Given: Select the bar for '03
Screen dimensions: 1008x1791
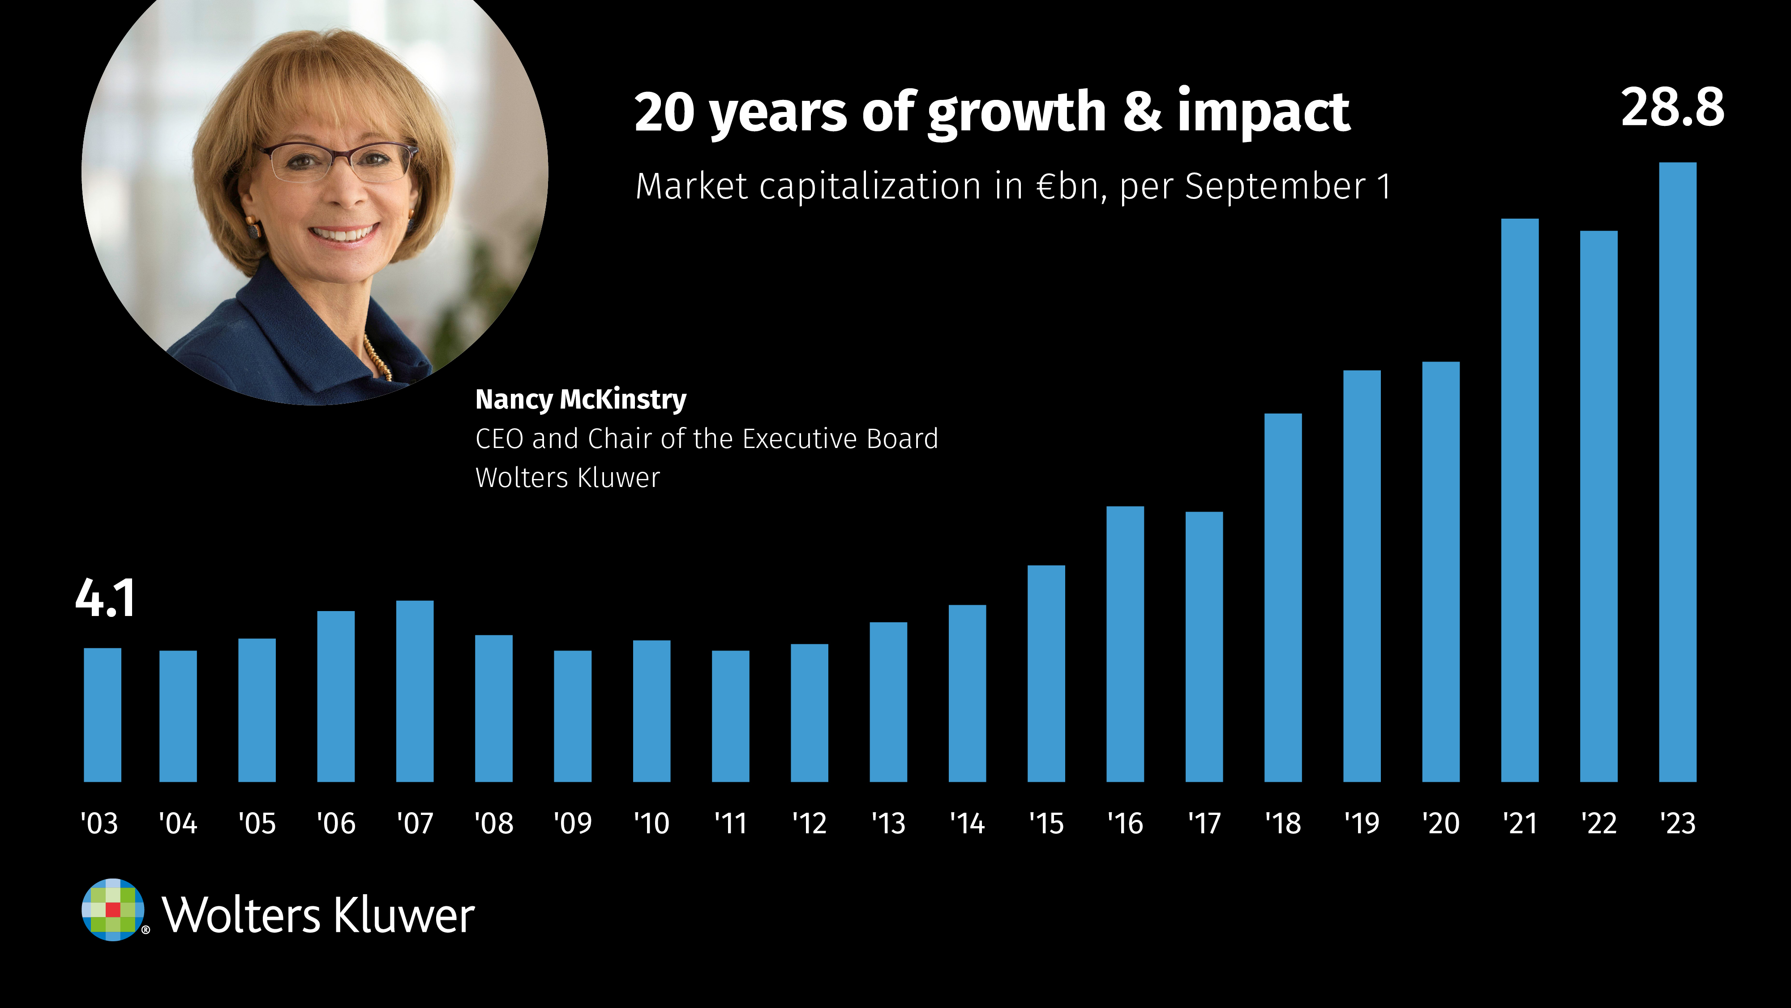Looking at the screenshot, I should click(x=102, y=715).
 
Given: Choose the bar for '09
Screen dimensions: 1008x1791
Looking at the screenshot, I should click(x=572, y=716).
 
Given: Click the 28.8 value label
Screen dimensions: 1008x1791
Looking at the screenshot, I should click(x=1672, y=108).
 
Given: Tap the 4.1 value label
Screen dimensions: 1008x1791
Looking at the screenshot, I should click(x=105, y=598).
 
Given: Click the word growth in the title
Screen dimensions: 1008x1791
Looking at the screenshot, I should click(x=1016, y=113).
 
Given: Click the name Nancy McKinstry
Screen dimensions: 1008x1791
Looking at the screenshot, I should click(x=581, y=399).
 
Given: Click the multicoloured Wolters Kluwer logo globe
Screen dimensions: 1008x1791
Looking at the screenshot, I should click(x=113, y=910).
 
